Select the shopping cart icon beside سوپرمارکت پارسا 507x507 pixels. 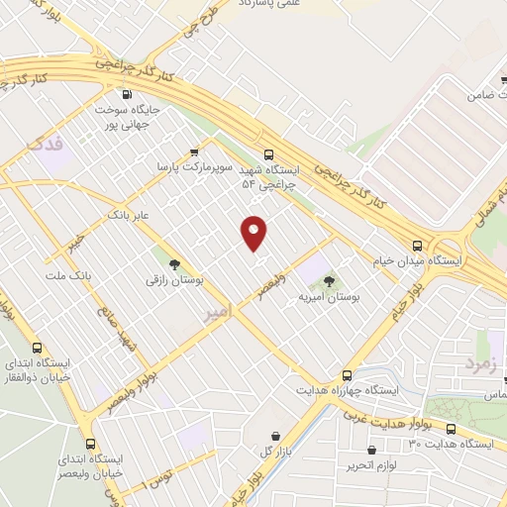pos(195,152)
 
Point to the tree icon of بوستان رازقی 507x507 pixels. pos(174,265)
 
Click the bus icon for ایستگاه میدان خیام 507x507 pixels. pos(417,245)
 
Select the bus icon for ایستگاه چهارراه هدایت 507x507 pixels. pos(347,375)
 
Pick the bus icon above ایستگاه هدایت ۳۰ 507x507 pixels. pos(451,430)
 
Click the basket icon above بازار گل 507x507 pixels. pos(274,435)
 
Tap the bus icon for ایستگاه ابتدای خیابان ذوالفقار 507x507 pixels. pos(37,349)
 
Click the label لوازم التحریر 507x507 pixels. pos(372,464)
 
